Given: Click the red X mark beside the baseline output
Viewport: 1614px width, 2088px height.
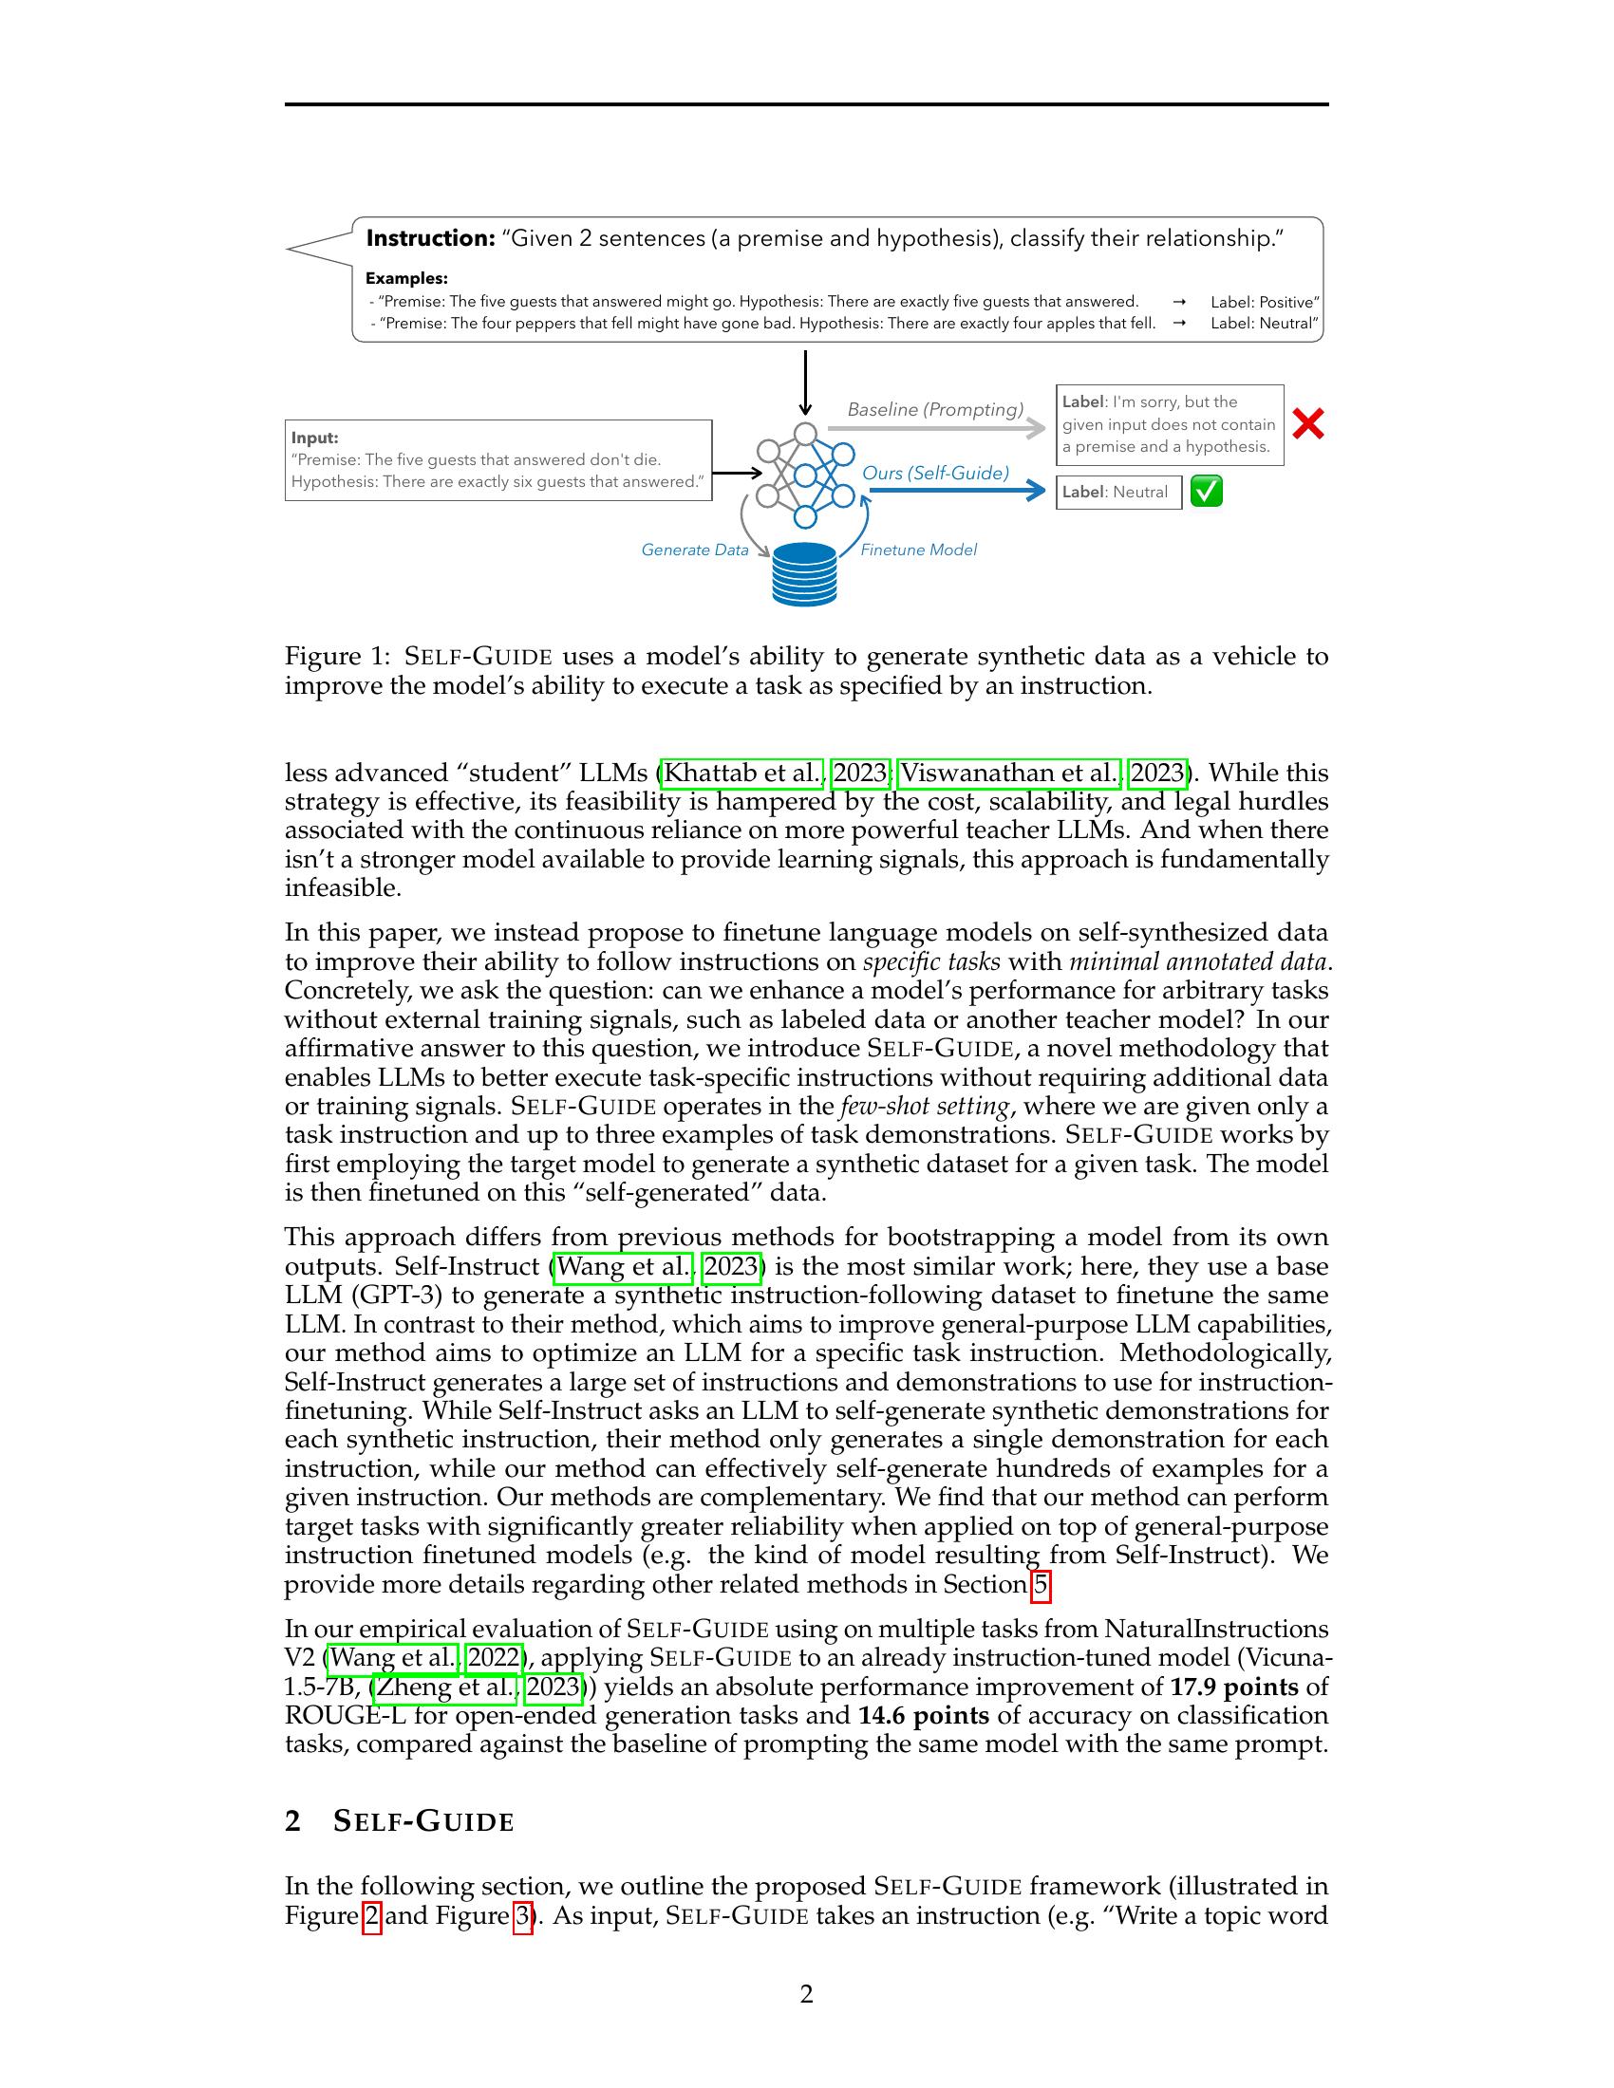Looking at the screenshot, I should tap(1307, 423).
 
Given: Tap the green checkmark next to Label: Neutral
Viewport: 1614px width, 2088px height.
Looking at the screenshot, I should tap(1206, 492).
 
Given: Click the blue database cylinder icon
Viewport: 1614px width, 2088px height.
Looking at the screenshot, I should tap(804, 573).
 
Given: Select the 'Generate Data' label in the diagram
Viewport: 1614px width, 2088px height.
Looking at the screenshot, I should tap(694, 550).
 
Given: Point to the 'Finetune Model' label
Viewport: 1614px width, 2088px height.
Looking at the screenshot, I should tap(918, 550).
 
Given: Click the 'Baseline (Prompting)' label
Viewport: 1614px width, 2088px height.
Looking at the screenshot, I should tap(934, 409).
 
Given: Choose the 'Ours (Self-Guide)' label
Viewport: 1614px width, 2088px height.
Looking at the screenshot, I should tap(935, 473).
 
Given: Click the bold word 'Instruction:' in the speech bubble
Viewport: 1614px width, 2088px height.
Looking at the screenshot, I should tap(429, 238).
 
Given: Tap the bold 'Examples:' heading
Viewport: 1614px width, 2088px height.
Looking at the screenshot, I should tap(406, 278).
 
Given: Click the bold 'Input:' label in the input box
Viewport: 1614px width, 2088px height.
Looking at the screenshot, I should tap(314, 438).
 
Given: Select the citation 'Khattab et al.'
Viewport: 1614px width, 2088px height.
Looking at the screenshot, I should tap(742, 773).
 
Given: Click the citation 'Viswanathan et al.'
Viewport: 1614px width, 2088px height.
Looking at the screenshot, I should tap(1008, 773).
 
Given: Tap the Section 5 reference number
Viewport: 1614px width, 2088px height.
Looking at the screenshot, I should tap(1041, 1586).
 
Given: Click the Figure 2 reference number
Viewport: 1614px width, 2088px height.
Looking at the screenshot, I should tap(372, 1916).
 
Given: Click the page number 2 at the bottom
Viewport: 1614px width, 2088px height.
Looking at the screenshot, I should tap(806, 1994).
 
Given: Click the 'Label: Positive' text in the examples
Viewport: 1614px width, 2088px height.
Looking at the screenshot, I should tap(1263, 302).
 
